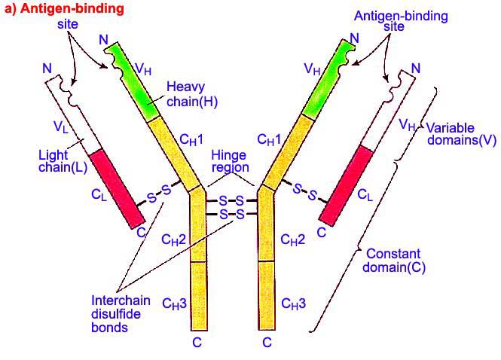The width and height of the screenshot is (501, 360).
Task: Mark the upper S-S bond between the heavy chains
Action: tap(231, 201)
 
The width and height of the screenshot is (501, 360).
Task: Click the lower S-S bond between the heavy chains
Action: tap(231, 215)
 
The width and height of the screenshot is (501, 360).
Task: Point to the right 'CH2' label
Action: tap(293, 239)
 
